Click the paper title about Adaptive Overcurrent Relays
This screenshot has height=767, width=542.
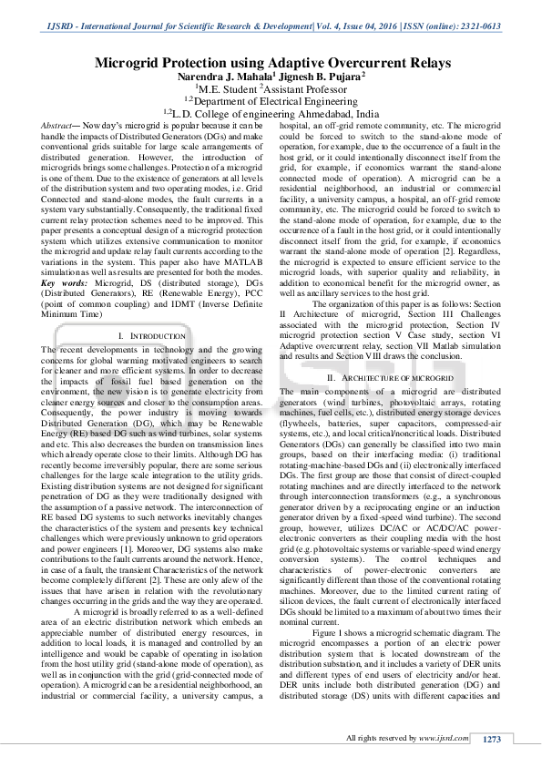[x=271, y=63]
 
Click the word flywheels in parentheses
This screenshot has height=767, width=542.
[x=303, y=419]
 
